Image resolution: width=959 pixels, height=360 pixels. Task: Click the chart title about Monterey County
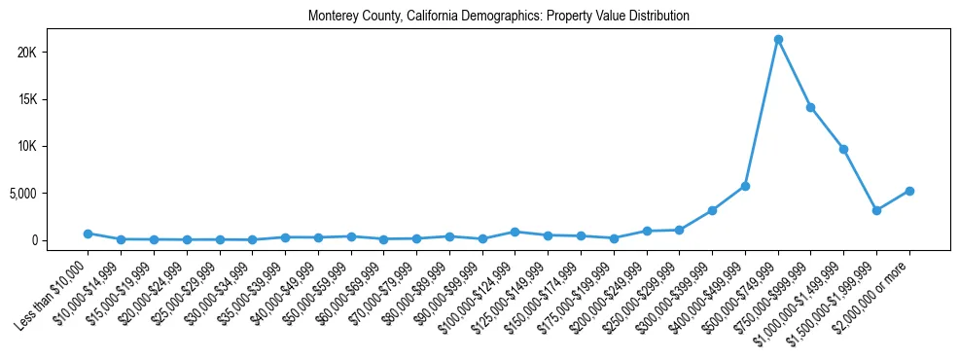click(x=499, y=16)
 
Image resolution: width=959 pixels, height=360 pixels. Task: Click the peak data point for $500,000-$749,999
click(x=778, y=40)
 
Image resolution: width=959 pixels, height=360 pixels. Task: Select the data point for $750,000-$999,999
click(x=810, y=107)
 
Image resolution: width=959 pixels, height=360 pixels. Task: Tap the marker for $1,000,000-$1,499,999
click(x=843, y=149)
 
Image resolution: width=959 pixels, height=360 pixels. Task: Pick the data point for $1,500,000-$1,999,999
click(x=876, y=210)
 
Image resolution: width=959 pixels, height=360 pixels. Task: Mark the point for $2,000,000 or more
click(x=909, y=191)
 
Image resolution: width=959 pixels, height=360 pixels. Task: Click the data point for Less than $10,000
click(x=88, y=234)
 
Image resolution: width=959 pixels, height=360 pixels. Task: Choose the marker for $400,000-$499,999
click(x=745, y=186)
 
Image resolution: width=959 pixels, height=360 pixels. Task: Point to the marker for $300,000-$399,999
click(x=712, y=210)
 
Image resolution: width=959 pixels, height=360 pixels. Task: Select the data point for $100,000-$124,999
click(x=515, y=232)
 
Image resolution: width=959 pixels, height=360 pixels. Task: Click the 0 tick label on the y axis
click(x=59, y=240)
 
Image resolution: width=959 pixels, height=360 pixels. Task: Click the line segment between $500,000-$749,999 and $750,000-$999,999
click(x=795, y=74)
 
